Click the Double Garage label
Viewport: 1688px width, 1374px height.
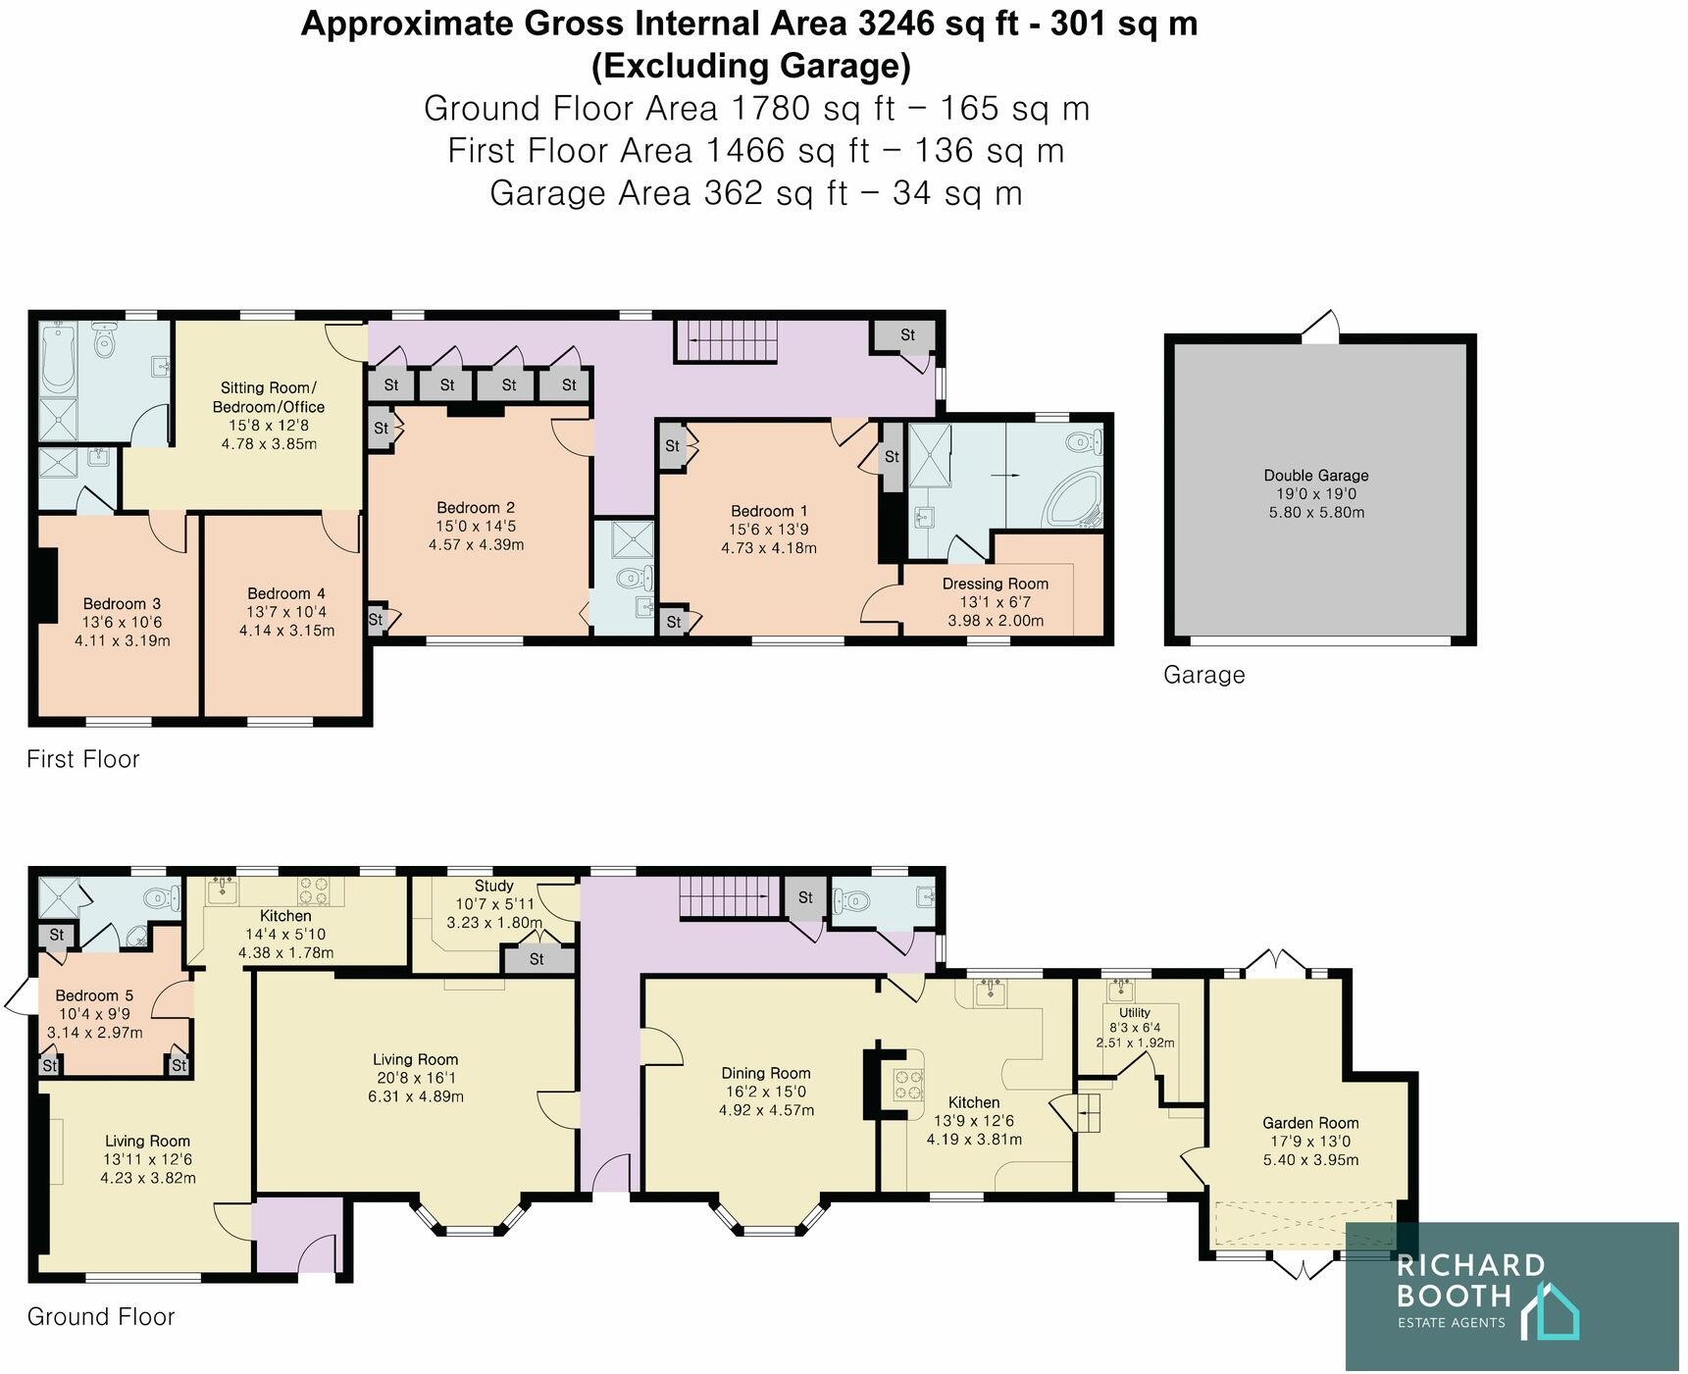coord(1315,476)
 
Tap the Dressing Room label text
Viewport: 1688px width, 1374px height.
coord(995,584)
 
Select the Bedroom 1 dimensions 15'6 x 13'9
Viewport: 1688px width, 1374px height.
coord(769,530)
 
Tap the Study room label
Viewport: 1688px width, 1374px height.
coord(493,886)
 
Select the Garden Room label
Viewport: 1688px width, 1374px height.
coord(1309,1123)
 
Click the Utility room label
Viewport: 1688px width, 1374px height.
coord(1135,1012)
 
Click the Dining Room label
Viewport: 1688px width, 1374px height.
coord(766,1073)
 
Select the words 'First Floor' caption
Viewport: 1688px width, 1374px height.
coord(83,759)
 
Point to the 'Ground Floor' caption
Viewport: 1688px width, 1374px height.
coord(101,1316)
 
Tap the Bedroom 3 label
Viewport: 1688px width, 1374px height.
coord(122,604)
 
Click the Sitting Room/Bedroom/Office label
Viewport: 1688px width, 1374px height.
coord(267,397)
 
